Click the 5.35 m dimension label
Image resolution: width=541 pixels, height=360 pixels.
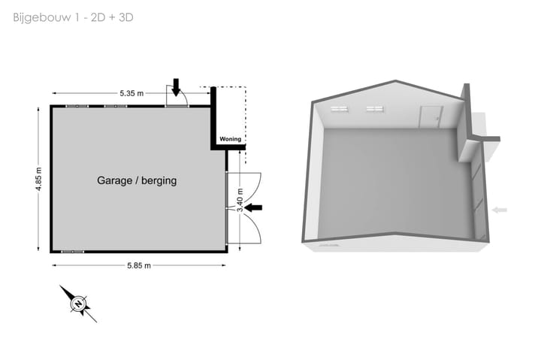[131, 93]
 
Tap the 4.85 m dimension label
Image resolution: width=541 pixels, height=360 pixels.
[38, 179]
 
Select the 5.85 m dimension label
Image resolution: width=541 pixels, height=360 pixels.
[139, 265]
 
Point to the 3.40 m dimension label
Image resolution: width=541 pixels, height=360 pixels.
[240, 200]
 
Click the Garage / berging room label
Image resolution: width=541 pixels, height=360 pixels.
[137, 180]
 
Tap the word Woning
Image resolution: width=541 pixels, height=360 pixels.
[230, 139]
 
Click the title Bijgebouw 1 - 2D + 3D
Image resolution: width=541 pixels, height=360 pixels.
[73, 17]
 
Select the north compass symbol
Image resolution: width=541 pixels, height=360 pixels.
[79, 304]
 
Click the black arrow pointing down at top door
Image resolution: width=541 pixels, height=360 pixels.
[176, 87]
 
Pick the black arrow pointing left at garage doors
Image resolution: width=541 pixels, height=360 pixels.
[253, 207]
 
